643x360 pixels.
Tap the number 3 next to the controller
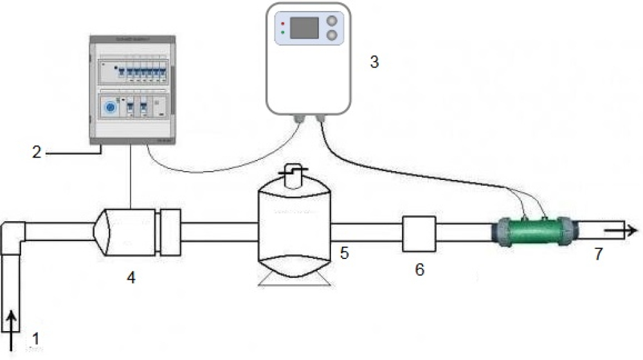[374, 62]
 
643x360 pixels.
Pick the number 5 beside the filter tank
[345, 253]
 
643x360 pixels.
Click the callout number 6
[419, 269]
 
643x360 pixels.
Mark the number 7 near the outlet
[599, 254]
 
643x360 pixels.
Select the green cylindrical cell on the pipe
[533, 230]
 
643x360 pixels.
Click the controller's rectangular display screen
[304, 28]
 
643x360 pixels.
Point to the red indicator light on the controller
[282, 22]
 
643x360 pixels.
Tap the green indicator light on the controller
[282, 32]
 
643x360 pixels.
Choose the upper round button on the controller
[332, 20]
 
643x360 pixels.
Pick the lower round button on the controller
[332, 35]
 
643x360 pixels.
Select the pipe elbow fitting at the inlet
[14, 235]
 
